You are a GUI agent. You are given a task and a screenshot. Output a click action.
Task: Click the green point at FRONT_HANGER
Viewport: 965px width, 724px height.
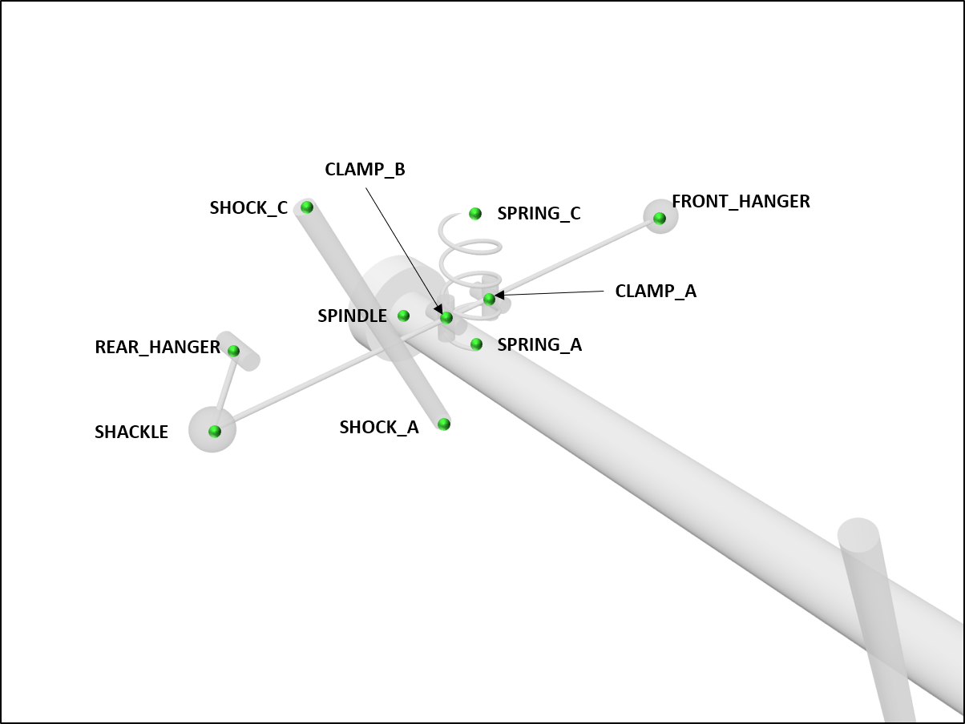659,218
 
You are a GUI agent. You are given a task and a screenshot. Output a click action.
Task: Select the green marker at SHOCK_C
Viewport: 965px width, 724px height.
307,207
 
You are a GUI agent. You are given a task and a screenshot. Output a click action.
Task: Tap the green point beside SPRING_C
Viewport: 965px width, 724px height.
475,213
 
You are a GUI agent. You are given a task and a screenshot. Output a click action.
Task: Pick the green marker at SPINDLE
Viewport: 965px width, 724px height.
404,316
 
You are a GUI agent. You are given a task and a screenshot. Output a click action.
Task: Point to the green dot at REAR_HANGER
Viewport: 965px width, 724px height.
234,351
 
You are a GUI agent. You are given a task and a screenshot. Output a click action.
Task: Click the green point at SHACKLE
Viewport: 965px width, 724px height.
214,431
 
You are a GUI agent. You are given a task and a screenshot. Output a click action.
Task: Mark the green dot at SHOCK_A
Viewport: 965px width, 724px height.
444,424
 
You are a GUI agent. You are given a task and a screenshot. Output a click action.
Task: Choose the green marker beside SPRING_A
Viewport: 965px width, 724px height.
476,344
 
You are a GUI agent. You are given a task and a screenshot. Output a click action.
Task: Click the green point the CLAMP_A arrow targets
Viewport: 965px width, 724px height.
489,299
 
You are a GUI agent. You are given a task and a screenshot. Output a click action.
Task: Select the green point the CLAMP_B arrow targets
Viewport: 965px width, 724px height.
446,318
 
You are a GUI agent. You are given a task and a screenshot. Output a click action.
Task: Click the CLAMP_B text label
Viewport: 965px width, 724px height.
365,170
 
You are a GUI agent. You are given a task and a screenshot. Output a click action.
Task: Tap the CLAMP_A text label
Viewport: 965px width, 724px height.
656,292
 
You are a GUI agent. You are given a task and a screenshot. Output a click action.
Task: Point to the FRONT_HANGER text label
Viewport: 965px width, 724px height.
741,202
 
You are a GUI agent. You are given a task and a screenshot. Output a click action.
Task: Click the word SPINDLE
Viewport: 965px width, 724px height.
352,316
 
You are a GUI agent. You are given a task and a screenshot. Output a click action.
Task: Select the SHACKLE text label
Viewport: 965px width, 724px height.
131,432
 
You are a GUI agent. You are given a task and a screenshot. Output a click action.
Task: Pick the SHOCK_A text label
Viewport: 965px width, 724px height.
379,428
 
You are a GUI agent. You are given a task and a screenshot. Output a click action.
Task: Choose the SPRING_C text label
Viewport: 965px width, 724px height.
539,214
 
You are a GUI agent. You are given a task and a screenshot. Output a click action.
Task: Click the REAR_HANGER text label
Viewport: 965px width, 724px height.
157,348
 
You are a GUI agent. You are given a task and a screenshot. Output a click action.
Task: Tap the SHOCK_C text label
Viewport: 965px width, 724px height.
248,208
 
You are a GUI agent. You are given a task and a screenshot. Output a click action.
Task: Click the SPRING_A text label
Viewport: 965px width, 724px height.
539,345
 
